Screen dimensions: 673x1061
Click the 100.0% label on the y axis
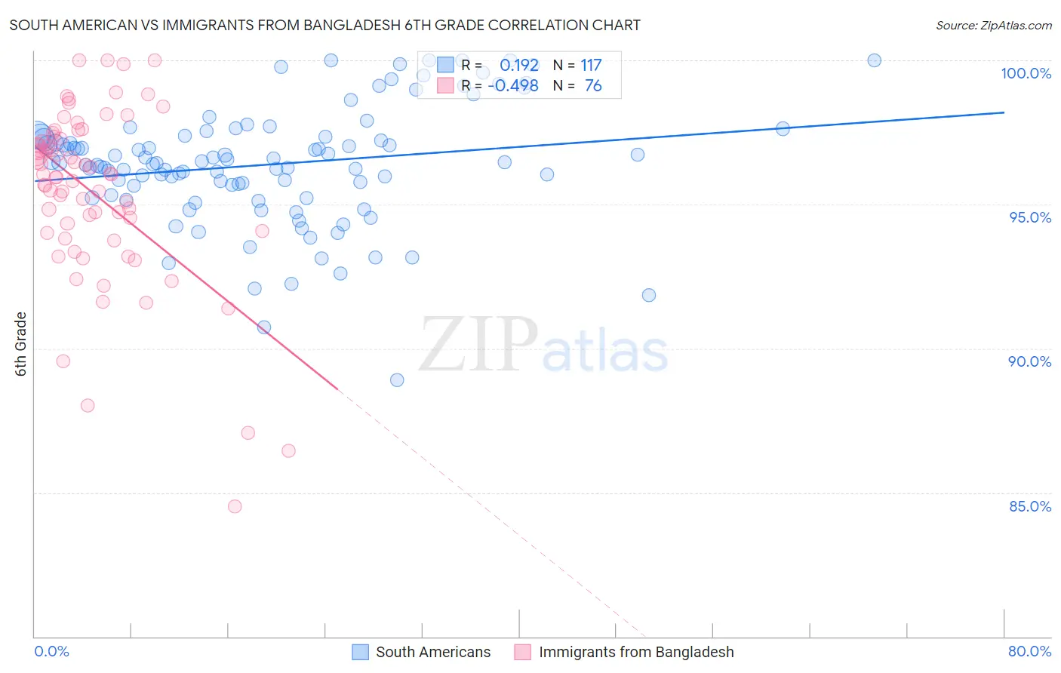click(x=1026, y=73)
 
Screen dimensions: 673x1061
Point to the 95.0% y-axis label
click(x=1030, y=217)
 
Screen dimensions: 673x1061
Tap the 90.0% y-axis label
click(x=1029, y=361)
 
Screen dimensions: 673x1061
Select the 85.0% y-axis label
click(x=1030, y=506)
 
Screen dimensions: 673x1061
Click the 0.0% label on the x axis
click(x=51, y=651)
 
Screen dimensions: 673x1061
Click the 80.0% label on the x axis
click(x=1029, y=651)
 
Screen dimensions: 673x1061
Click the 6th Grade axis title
click(x=21, y=343)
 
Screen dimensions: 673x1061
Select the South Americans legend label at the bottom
click(x=432, y=652)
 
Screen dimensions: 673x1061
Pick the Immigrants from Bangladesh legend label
click(x=635, y=652)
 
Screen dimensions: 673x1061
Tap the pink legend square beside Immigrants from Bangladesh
click(x=522, y=652)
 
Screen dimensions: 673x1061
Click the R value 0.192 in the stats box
click(x=519, y=65)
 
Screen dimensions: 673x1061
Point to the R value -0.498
click(x=513, y=85)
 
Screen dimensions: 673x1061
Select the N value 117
click(x=591, y=65)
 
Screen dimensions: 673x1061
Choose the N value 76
click(x=593, y=85)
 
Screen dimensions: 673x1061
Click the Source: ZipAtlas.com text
click(x=993, y=25)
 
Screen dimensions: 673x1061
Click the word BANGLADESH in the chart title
click(x=347, y=25)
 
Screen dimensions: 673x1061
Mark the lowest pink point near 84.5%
click(x=235, y=506)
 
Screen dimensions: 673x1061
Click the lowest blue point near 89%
click(x=397, y=380)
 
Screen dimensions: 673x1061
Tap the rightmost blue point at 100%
click(x=874, y=60)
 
